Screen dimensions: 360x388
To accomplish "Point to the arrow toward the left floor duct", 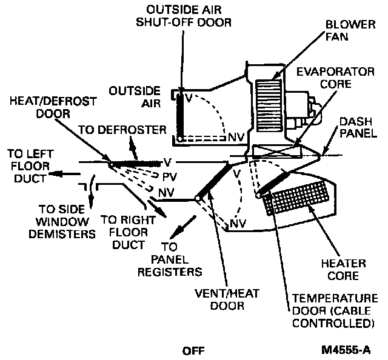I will (66, 175).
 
